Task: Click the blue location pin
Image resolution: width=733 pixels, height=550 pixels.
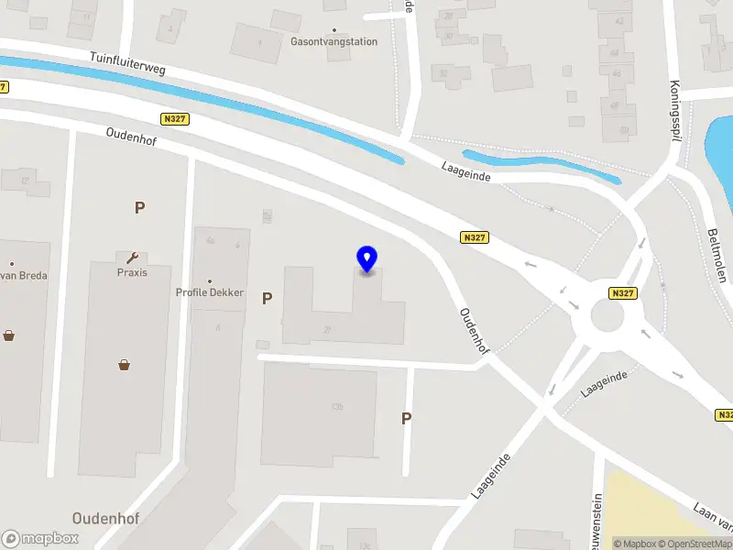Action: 367,259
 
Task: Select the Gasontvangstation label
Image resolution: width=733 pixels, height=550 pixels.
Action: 334,41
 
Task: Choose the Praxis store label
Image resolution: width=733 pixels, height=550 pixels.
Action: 132,272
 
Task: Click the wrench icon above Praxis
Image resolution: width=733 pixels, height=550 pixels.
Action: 132,258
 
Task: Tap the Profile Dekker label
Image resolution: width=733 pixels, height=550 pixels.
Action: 210,292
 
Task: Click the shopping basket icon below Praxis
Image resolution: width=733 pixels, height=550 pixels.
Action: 125,365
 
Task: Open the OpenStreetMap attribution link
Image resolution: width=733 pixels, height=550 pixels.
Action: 689,544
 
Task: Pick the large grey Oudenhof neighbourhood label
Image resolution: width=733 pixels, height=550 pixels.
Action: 105,519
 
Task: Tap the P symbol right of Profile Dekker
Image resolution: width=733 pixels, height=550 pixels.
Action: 268,298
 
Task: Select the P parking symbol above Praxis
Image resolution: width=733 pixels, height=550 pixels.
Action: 139,207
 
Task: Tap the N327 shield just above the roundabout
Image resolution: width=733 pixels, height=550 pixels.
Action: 622,293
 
